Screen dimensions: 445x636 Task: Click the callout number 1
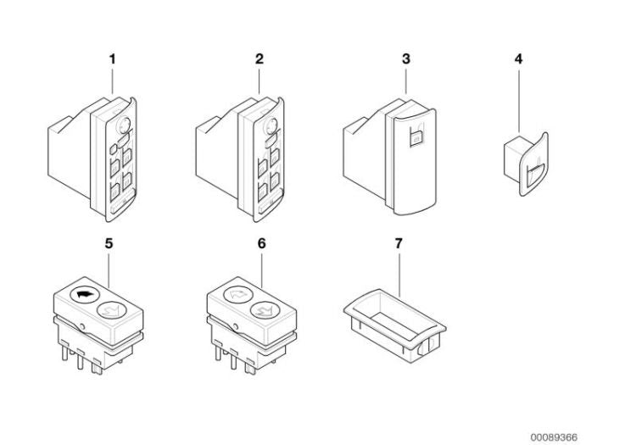coord(112,59)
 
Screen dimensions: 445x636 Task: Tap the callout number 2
coord(259,59)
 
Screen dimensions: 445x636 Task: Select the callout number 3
coord(406,59)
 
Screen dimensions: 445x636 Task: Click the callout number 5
coord(109,242)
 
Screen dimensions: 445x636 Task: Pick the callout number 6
coord(259,242)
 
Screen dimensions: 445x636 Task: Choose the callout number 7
coord(399,242)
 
